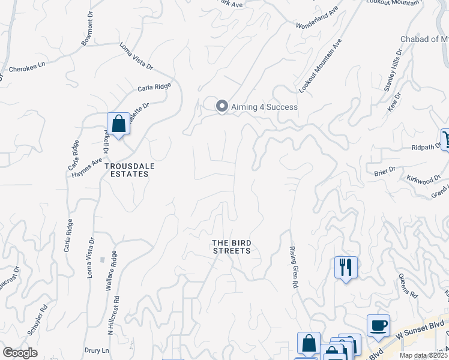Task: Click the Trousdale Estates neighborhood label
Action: (x=126, y=169)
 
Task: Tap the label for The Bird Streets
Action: (x=231, y=247)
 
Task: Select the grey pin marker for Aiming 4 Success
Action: (x=221, y=107)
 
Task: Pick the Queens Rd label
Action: (x=408, y=286)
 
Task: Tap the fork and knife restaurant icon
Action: (x=346, y=266)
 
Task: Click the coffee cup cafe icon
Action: (x=378, y=325)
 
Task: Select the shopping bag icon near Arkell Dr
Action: (x=119, y=124)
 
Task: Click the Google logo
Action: (x=20, y=353)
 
